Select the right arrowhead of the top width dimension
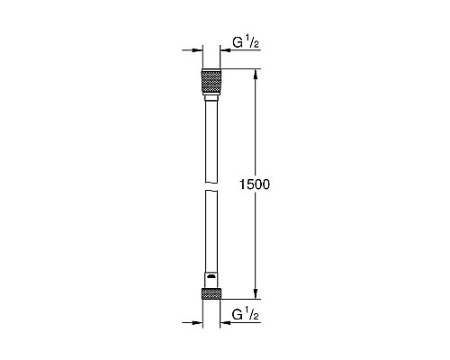click(224, 51)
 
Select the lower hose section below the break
click(209, 234)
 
